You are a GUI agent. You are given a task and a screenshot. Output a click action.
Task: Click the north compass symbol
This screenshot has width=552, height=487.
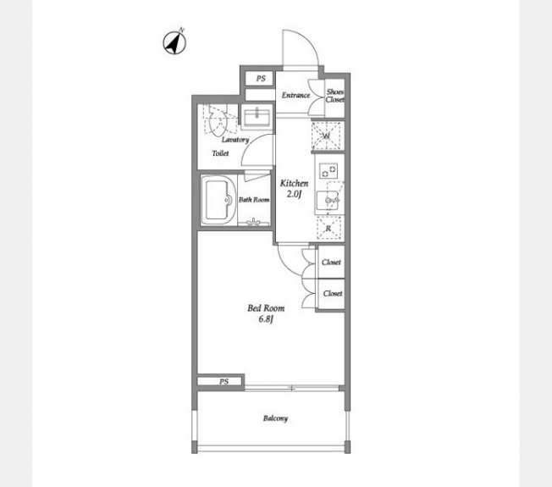click(174, 42)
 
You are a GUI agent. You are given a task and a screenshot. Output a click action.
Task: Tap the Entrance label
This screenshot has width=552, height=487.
click(295, 95)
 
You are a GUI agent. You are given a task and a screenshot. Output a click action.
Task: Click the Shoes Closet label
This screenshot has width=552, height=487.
click(334, 96)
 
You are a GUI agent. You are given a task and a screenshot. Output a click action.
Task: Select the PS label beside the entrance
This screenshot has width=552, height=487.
click(261, 79)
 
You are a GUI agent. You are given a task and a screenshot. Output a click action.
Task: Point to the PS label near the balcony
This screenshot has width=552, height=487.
click(224, 381)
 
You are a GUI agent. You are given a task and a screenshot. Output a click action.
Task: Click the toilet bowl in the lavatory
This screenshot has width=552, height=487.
click(218, 120)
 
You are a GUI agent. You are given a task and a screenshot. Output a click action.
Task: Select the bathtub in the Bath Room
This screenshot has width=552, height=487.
click(218, 200)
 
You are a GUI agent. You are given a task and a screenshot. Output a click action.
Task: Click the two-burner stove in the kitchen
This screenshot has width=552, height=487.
click(328, 171)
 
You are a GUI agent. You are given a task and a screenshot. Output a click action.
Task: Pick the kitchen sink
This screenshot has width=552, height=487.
click(328, 200)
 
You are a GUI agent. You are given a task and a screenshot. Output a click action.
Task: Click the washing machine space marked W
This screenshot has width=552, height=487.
click(326, 136)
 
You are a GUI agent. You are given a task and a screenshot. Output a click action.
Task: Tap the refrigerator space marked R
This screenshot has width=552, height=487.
click(328, 228)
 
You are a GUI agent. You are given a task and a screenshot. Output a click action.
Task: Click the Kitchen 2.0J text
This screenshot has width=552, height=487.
click(295, 188)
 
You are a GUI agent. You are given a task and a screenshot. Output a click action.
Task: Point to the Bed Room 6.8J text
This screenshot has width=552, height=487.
click(266, 313)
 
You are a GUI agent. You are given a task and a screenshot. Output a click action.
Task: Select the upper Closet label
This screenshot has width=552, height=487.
click(331, 262)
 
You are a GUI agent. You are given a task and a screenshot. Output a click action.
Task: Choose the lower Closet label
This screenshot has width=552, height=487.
click(333, 293)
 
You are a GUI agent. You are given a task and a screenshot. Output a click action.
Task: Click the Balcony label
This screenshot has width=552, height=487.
click(275, 418)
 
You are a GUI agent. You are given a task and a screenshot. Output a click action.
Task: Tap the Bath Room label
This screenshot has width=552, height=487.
click(254, 200)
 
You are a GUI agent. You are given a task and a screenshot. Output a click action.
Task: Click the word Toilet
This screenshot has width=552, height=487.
click(220, 153)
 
